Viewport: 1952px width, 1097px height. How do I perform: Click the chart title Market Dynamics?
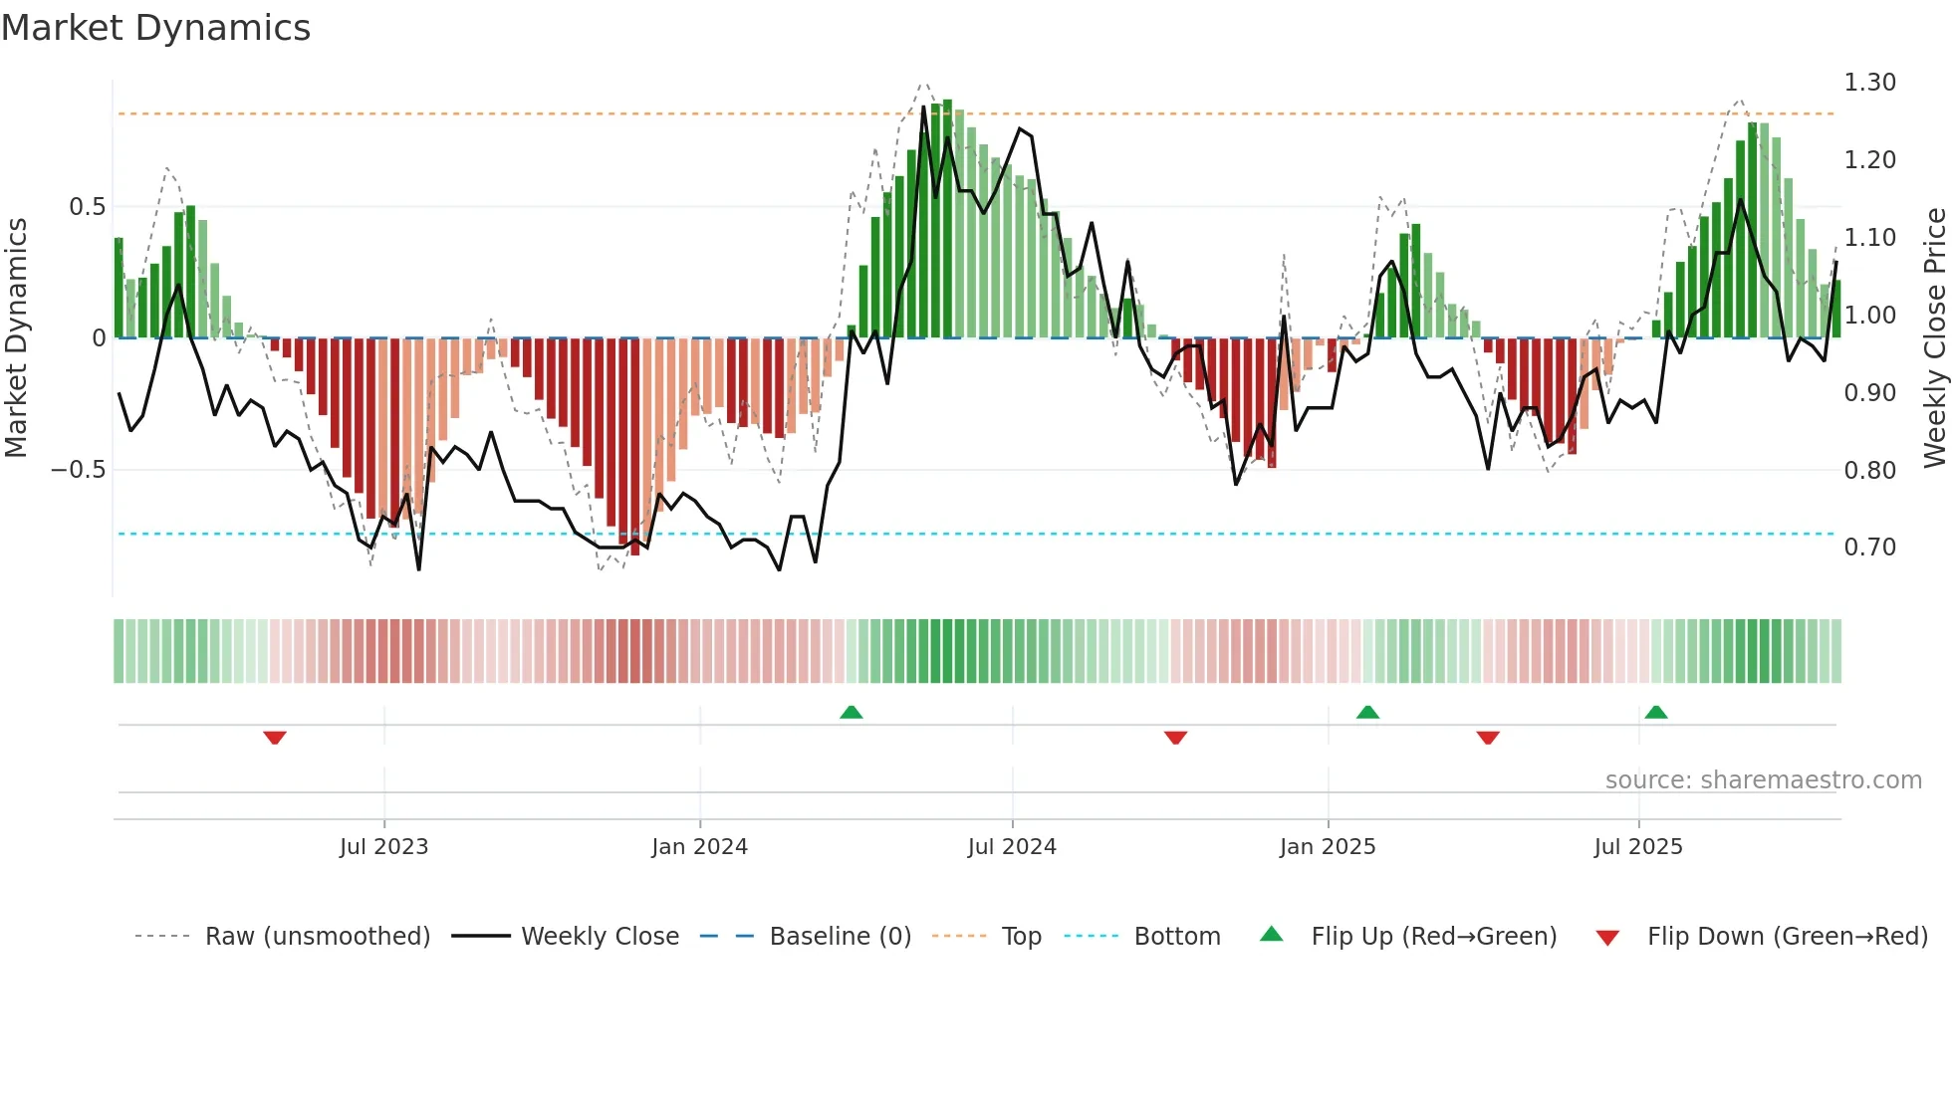point(156,28)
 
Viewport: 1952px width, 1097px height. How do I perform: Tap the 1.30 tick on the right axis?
point(1869,83)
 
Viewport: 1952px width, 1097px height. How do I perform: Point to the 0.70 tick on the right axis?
point(1869,548)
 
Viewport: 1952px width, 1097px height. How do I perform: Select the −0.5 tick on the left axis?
point(79,470)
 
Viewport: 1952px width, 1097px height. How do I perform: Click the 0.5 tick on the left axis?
point(87,207)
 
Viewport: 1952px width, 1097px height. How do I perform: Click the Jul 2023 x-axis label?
point(383,847)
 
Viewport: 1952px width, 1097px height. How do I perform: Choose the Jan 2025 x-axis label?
point(1327,847)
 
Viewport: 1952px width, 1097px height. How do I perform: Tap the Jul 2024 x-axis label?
point(1011,847)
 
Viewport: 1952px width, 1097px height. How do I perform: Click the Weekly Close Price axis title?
point(1934,338)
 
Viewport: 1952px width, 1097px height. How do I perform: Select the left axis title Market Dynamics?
point(16,338)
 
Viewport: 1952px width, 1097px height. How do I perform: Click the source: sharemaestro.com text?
point(1763,780)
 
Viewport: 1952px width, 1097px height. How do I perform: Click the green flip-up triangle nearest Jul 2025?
point(1655,713)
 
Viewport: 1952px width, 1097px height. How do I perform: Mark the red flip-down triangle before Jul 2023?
point(275,738)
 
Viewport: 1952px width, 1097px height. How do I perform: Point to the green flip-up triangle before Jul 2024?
point(851,713)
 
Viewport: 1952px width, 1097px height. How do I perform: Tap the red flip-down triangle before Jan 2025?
point(1175,738)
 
